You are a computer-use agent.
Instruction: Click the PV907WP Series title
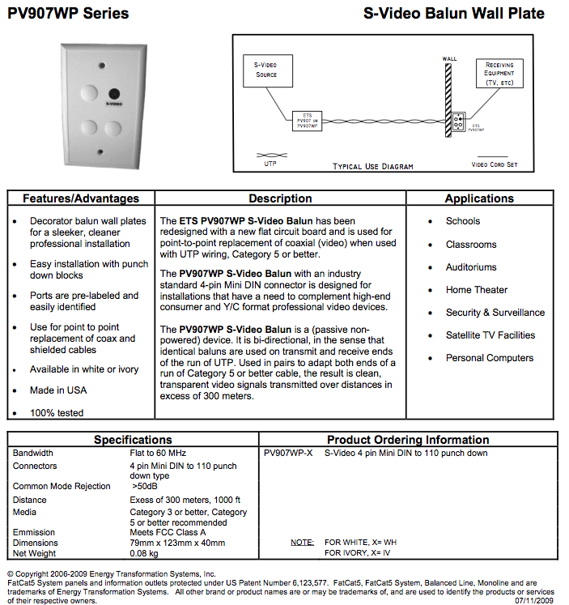(x=68, y=14)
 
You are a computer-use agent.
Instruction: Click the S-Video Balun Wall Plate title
(x=454, y=14)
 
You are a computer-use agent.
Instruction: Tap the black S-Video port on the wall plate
(x=114, y=94)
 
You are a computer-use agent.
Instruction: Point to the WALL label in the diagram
(x=450, y=59)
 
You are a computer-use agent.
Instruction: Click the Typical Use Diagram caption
(x=373, y=167)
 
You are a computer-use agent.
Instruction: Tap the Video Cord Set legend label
(x=495, y=165)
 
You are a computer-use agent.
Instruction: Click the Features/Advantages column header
(x=81, y=198)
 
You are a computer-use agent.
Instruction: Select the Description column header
(x=280, y=198)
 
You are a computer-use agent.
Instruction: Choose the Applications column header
(x=479, y=198)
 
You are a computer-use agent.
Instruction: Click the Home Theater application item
(x=477, y=290)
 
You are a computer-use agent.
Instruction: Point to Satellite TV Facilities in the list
(x=490, y=335)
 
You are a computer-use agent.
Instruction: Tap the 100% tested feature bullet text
(x=57, y=413)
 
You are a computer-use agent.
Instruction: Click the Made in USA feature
(x=58, y=390)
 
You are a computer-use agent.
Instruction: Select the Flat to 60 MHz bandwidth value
(x=159, y=454)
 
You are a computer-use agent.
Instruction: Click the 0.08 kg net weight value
(x=144, y=553)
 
